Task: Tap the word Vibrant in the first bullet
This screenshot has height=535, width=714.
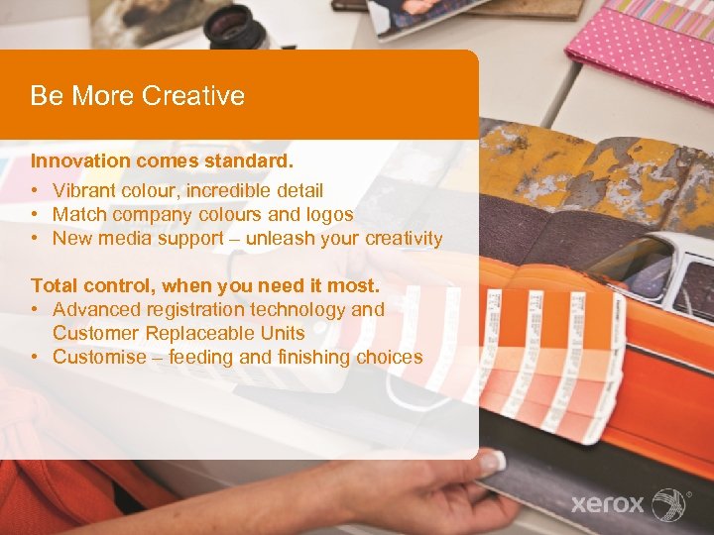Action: click(x=83, y=190)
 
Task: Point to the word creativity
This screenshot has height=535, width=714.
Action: click(x=404, y=238)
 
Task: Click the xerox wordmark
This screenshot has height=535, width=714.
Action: click(x=607, y=503)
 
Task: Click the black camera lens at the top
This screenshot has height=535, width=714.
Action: click(x=238, y=24)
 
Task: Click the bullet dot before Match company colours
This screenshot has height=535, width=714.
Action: click(x=35, y=214)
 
